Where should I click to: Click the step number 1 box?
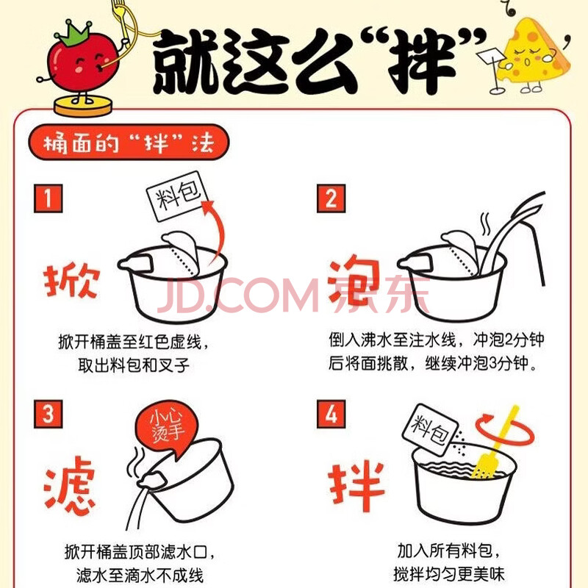[x=48, y=198]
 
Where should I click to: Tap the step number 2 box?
[x=331, y=198]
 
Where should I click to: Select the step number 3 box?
[x=48, y=414]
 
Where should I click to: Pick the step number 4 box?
[x=331, y=414]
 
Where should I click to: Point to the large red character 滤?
[x=70, y=487]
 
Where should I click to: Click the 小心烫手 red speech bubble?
[x=167, y=428]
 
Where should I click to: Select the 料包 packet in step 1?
[x=177, y=196]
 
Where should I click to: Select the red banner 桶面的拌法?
[x=128, y=142]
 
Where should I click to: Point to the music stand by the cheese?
[x=492, y=71]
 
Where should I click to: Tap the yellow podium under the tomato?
[x=83, y=106]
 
